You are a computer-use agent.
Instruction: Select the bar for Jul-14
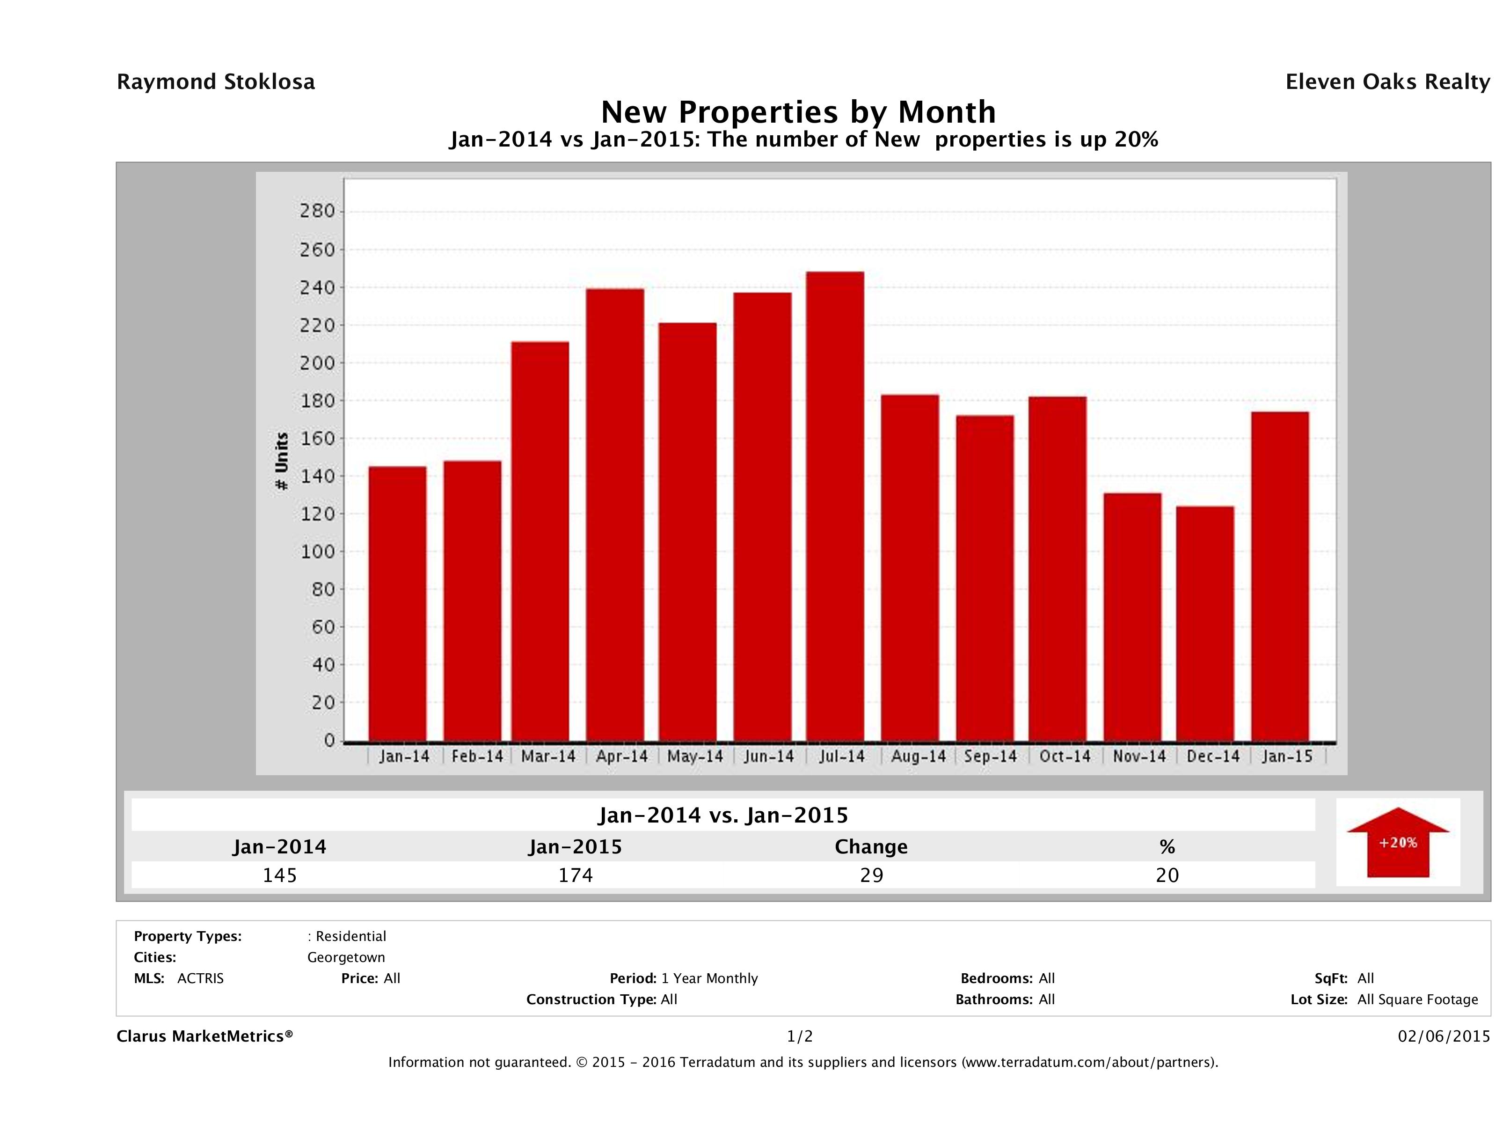pyautogui.click(x=834, y=506)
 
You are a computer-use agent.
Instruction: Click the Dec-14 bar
pyautogui.click(x=1205, y=624)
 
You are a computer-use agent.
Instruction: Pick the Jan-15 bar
pyautogui.click(x=1280, y=576)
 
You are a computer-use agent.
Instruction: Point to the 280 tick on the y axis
pyautogui.click(x=317, y=211)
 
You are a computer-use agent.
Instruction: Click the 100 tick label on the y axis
pyautogui.click(x=317, y=551)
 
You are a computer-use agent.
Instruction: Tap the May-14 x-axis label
pyautogui.click(x=695, y=757)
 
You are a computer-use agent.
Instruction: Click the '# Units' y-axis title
pyautogui.click(x=281, y=461)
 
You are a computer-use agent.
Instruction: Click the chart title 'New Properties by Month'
pyautogui.click(x=798, y=111)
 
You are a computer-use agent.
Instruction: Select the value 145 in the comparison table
pyautogui.click(x=280, y=875)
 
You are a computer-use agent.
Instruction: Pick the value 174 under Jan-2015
pyautogui.click(x=576, y=875)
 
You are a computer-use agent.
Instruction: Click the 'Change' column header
pyautogui.click(x=871, y=847)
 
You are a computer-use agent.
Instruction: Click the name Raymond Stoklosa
pyautogui.click(x=216, y=82)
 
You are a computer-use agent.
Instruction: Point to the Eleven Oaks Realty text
pyautogui.click(x=1387, y=82)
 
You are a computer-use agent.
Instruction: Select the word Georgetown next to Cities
pyautogui.click(x=346, y=957)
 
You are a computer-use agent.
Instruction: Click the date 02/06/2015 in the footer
pyautogui.click(x=1444, y=1036)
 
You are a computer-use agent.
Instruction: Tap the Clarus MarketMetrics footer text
pyautogui.click(x=205, y=1036)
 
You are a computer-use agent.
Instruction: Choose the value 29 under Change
pyautogui.click(x=872, y=875)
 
